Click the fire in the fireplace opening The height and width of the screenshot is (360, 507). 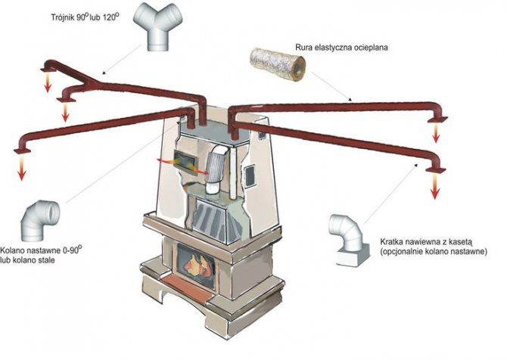pyautogui.click(x=196, y=264)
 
